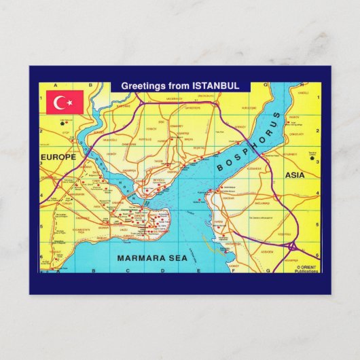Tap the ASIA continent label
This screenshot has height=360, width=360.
tap(295, 175)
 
